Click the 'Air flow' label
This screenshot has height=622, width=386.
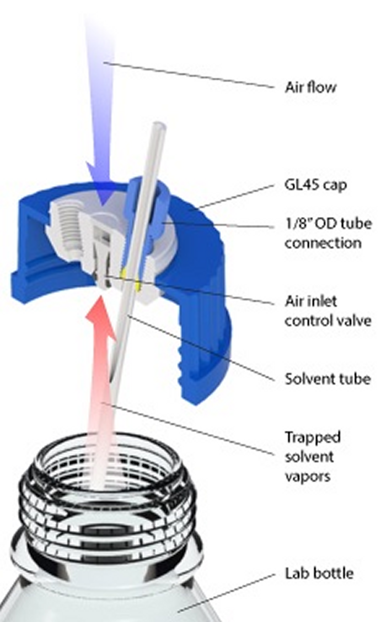(x=310, y=87)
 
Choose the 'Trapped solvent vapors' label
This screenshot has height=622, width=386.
(x=313, y=456)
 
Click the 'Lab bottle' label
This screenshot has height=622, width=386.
(x=319, y=574)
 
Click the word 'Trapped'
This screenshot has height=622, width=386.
(x=312, y=437)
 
